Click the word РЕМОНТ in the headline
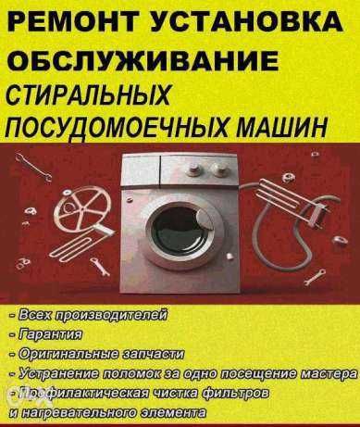click(x=73, y=22)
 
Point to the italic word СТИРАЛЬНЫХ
click(x=88, y=94)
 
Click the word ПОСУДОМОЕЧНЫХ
click(x=118, y=126)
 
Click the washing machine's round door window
click(x=181, y=228)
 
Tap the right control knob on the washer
click(x=219, y=169)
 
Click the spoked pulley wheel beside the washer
click(x=84, y=209)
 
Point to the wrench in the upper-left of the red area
click(x=33, y=167)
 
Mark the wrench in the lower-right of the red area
click(x=315, y=277)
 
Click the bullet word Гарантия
click(x=50, y=334)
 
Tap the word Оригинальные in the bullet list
click(x=68, y=354)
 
